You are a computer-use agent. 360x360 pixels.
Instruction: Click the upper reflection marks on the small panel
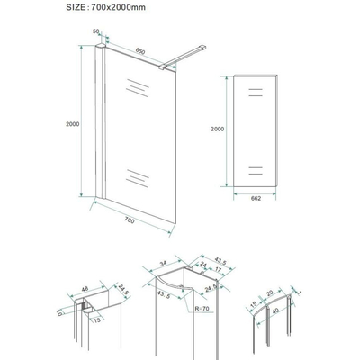coord(255,93)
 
